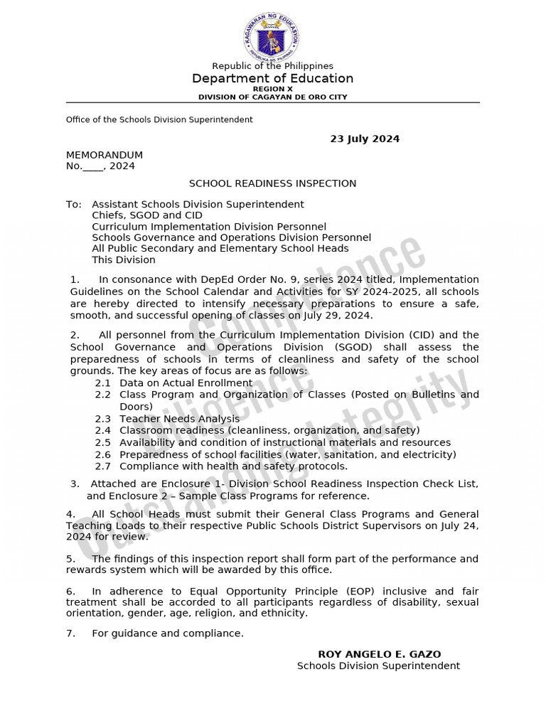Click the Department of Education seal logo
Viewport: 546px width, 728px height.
tap(272, 36)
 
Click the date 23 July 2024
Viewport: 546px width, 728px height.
tap(365, 139)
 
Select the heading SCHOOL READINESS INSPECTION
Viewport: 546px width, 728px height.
tap(272, 183)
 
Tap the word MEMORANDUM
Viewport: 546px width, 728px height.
tap(105, 155)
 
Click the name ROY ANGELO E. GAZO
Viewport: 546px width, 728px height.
tap(379, 654)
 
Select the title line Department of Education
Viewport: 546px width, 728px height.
tap(272, 78)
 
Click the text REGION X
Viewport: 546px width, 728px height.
tap(272, 89)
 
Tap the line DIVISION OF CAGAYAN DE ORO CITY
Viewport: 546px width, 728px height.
tap(272, 97)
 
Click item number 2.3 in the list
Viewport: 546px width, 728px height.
tap(103, 419)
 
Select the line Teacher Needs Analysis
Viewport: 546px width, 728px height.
tap(180, 419)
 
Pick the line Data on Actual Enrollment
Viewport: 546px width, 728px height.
tap(186, 382)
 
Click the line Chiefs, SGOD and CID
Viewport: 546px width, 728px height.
tap(147, 215)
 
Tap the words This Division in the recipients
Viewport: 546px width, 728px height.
tap(123, 259)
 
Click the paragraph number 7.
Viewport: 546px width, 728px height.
tap(70, 633)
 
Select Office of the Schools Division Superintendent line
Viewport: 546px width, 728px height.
tap(159, 119)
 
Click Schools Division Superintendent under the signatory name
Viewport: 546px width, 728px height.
tap(378, 665)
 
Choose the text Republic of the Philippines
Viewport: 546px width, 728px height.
tap(272, 66)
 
